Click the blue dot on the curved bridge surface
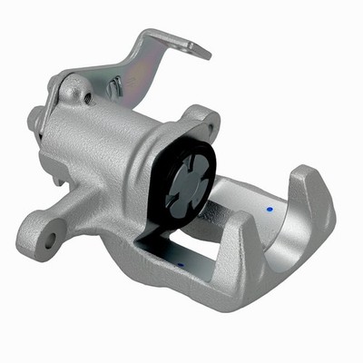click(x=269, y=209)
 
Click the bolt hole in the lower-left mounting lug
click(x=50, y=240)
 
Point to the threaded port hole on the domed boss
click(x=73, y=92)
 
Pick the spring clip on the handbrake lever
click(x=115, y=88)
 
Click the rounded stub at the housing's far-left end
click(x=35, y=117)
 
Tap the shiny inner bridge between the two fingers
click(x=272, y=231)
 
